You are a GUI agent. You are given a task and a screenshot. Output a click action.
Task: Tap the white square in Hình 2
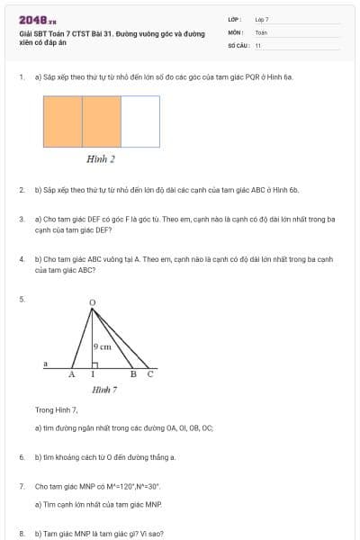[x=140, y=121]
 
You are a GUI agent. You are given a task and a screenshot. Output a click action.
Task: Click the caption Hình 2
[x=100, y=159]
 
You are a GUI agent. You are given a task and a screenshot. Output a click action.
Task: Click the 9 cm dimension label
[x=103, y=346]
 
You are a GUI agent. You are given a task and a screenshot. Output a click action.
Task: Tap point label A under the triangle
[x=73, y=374]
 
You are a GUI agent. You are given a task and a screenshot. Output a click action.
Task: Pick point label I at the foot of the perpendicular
[x=93, y=374]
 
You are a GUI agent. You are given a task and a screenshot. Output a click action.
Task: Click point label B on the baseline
[x=133, y=374]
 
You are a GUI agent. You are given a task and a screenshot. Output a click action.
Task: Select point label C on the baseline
[x=150, y=374]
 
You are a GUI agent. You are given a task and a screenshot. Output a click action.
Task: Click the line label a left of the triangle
[x=45, y=363]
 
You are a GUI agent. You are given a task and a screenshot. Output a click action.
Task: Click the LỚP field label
[x=233, y=19]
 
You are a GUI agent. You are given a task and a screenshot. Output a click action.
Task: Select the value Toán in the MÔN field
[x=261, y=31]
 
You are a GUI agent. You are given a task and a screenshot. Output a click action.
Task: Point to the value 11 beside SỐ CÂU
[x=258, y=44]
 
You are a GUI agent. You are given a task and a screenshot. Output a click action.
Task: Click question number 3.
[x=22, y=219]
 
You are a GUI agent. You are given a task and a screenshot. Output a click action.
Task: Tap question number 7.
[x=22, y=486]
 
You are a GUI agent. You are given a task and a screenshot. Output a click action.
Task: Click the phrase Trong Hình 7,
[x=57, y=409]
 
